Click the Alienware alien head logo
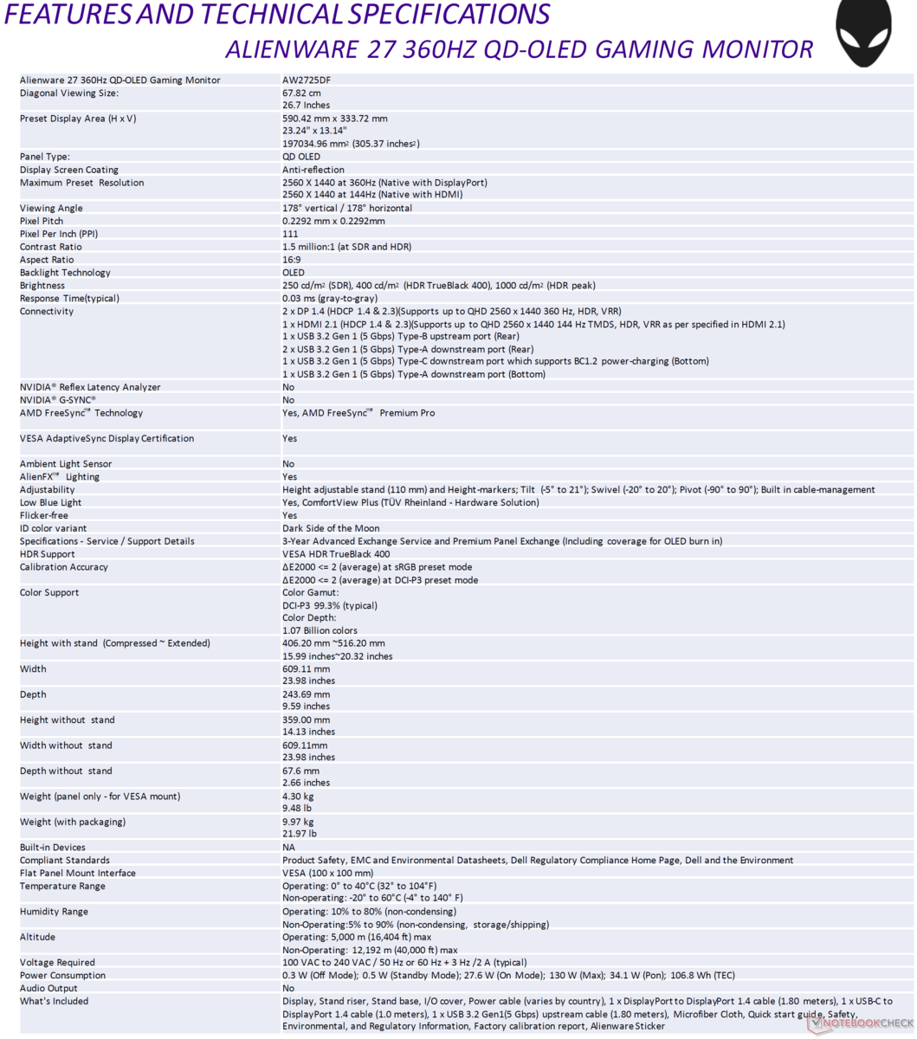pos(862,32)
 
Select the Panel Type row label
pos(44,158)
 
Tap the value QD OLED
pos(301,158)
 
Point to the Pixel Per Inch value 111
pos(290,234)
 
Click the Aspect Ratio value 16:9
pos(293,260)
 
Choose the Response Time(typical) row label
pos(69,299)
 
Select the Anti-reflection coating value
pos(313,171)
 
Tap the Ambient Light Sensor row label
pos(66,464)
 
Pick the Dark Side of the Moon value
pos(331,528)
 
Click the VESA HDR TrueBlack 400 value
pos(336,554)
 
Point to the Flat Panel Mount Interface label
pos(78,874)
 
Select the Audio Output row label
pos(48,989)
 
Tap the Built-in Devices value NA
pos(288,848)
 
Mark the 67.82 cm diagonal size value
pos(301,94)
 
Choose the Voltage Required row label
pos(57,963)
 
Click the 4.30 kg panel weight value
pos(298,797)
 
